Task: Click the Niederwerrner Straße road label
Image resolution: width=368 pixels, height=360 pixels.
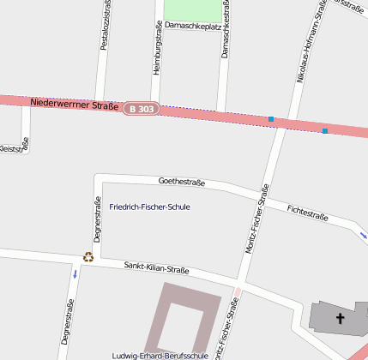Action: pyautogui.click(x=74, y=104)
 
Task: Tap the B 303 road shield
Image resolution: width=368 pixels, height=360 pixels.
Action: pyautogui.click(x=142, y=109)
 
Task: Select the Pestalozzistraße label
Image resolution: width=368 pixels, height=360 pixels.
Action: pyautogui.click(x=105, y=25)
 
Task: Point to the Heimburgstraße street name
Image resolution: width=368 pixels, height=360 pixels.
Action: pyautogui.click(x=157, y=53)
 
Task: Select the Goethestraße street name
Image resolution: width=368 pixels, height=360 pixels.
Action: pyautogui.click(x=182, y=182)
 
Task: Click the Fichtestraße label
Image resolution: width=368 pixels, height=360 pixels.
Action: pyautogui.click(x=308, y=212)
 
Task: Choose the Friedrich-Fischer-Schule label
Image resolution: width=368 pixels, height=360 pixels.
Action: pyautogui.click(x=150, y=207)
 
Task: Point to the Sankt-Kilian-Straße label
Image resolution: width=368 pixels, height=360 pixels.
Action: pyautogui.click(x=156, y=267)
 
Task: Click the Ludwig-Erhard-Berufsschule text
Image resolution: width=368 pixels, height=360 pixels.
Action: pyautogui.click(x=160, y=355)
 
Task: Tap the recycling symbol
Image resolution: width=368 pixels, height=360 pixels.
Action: pyautogui.click(x=87, y=256)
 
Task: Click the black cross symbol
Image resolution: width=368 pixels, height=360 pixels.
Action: pyautogui.click(x=340, y=319)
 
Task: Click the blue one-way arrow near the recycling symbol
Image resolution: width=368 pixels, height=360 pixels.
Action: pyautogui.click(x=75, y=274)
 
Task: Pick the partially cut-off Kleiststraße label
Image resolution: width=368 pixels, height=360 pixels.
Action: pyautogui.click(x=14, y=148)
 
